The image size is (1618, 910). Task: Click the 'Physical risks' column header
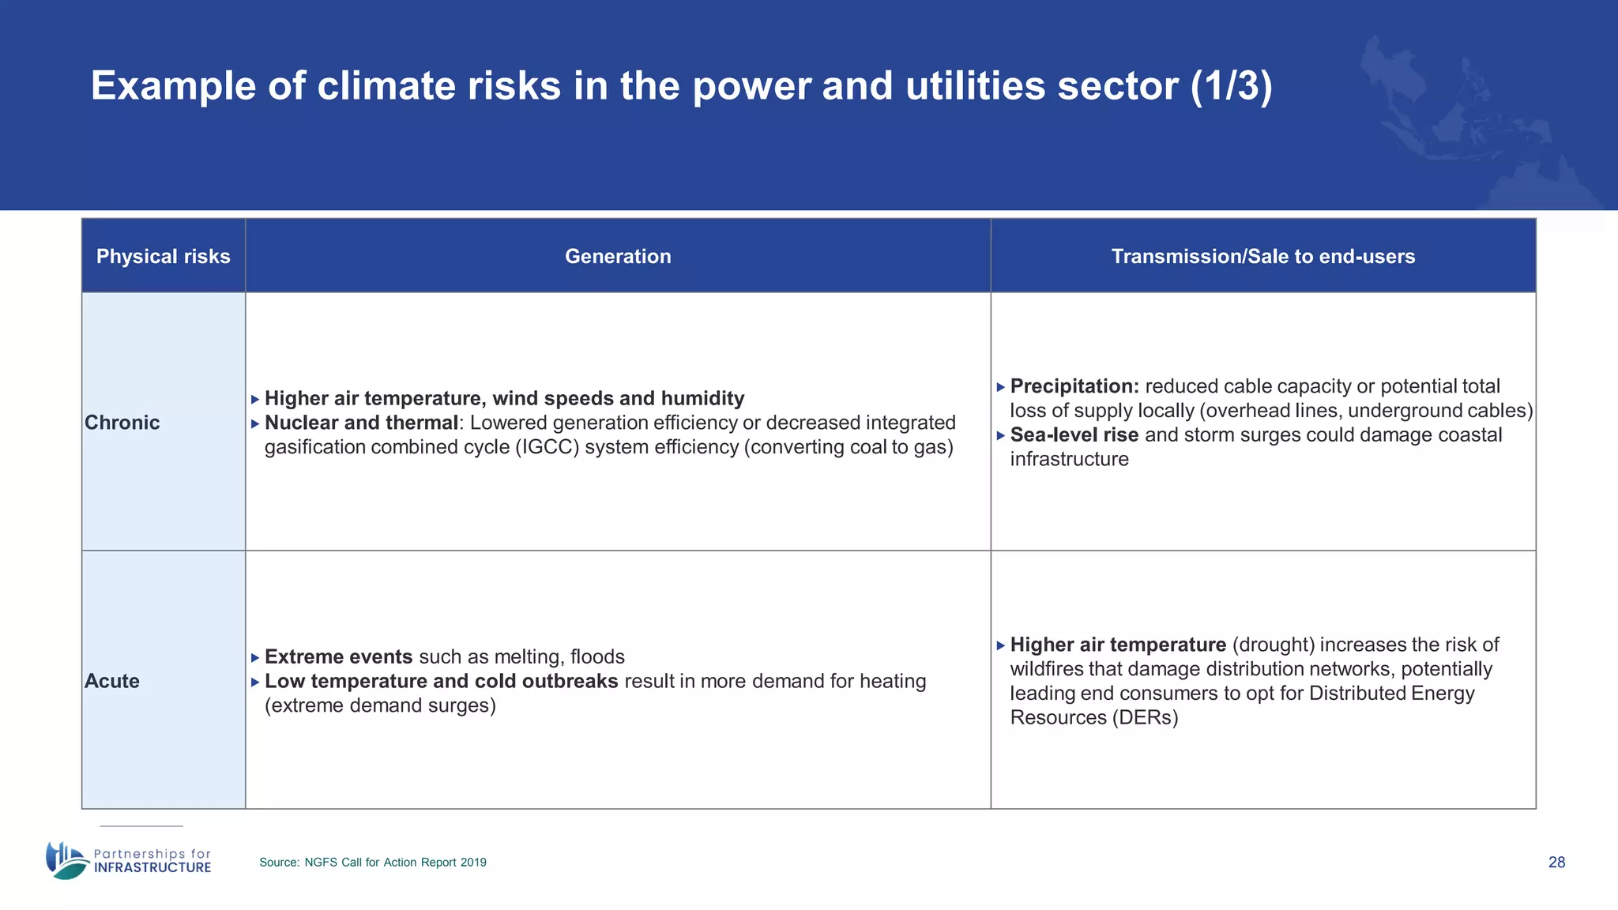tap(163, 256)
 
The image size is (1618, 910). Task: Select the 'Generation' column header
tap(618, 256)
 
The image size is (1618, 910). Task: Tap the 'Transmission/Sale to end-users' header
tap(1262, 256)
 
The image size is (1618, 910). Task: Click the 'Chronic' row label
tap(122, 423)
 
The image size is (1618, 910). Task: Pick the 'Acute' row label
tap(112, 681)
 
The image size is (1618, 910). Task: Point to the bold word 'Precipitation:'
tap(1074, 386)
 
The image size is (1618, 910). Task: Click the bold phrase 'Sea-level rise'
tap(1074, 435)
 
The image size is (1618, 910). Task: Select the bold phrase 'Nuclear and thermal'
tap(361, 423)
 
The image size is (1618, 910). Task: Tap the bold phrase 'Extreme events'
tap(338, 656)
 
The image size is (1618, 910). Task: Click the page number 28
tap(1556, 862)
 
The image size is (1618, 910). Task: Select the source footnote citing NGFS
tap(373, 862)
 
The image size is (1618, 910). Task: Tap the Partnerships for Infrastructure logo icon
tap(66, 860)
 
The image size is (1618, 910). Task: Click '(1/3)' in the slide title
tap(1231, 85)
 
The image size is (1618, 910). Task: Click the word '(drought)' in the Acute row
tap(1273, 645)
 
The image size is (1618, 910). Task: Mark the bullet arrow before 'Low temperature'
tap(255, 682)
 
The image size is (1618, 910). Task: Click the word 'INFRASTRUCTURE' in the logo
tap(152, 867)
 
